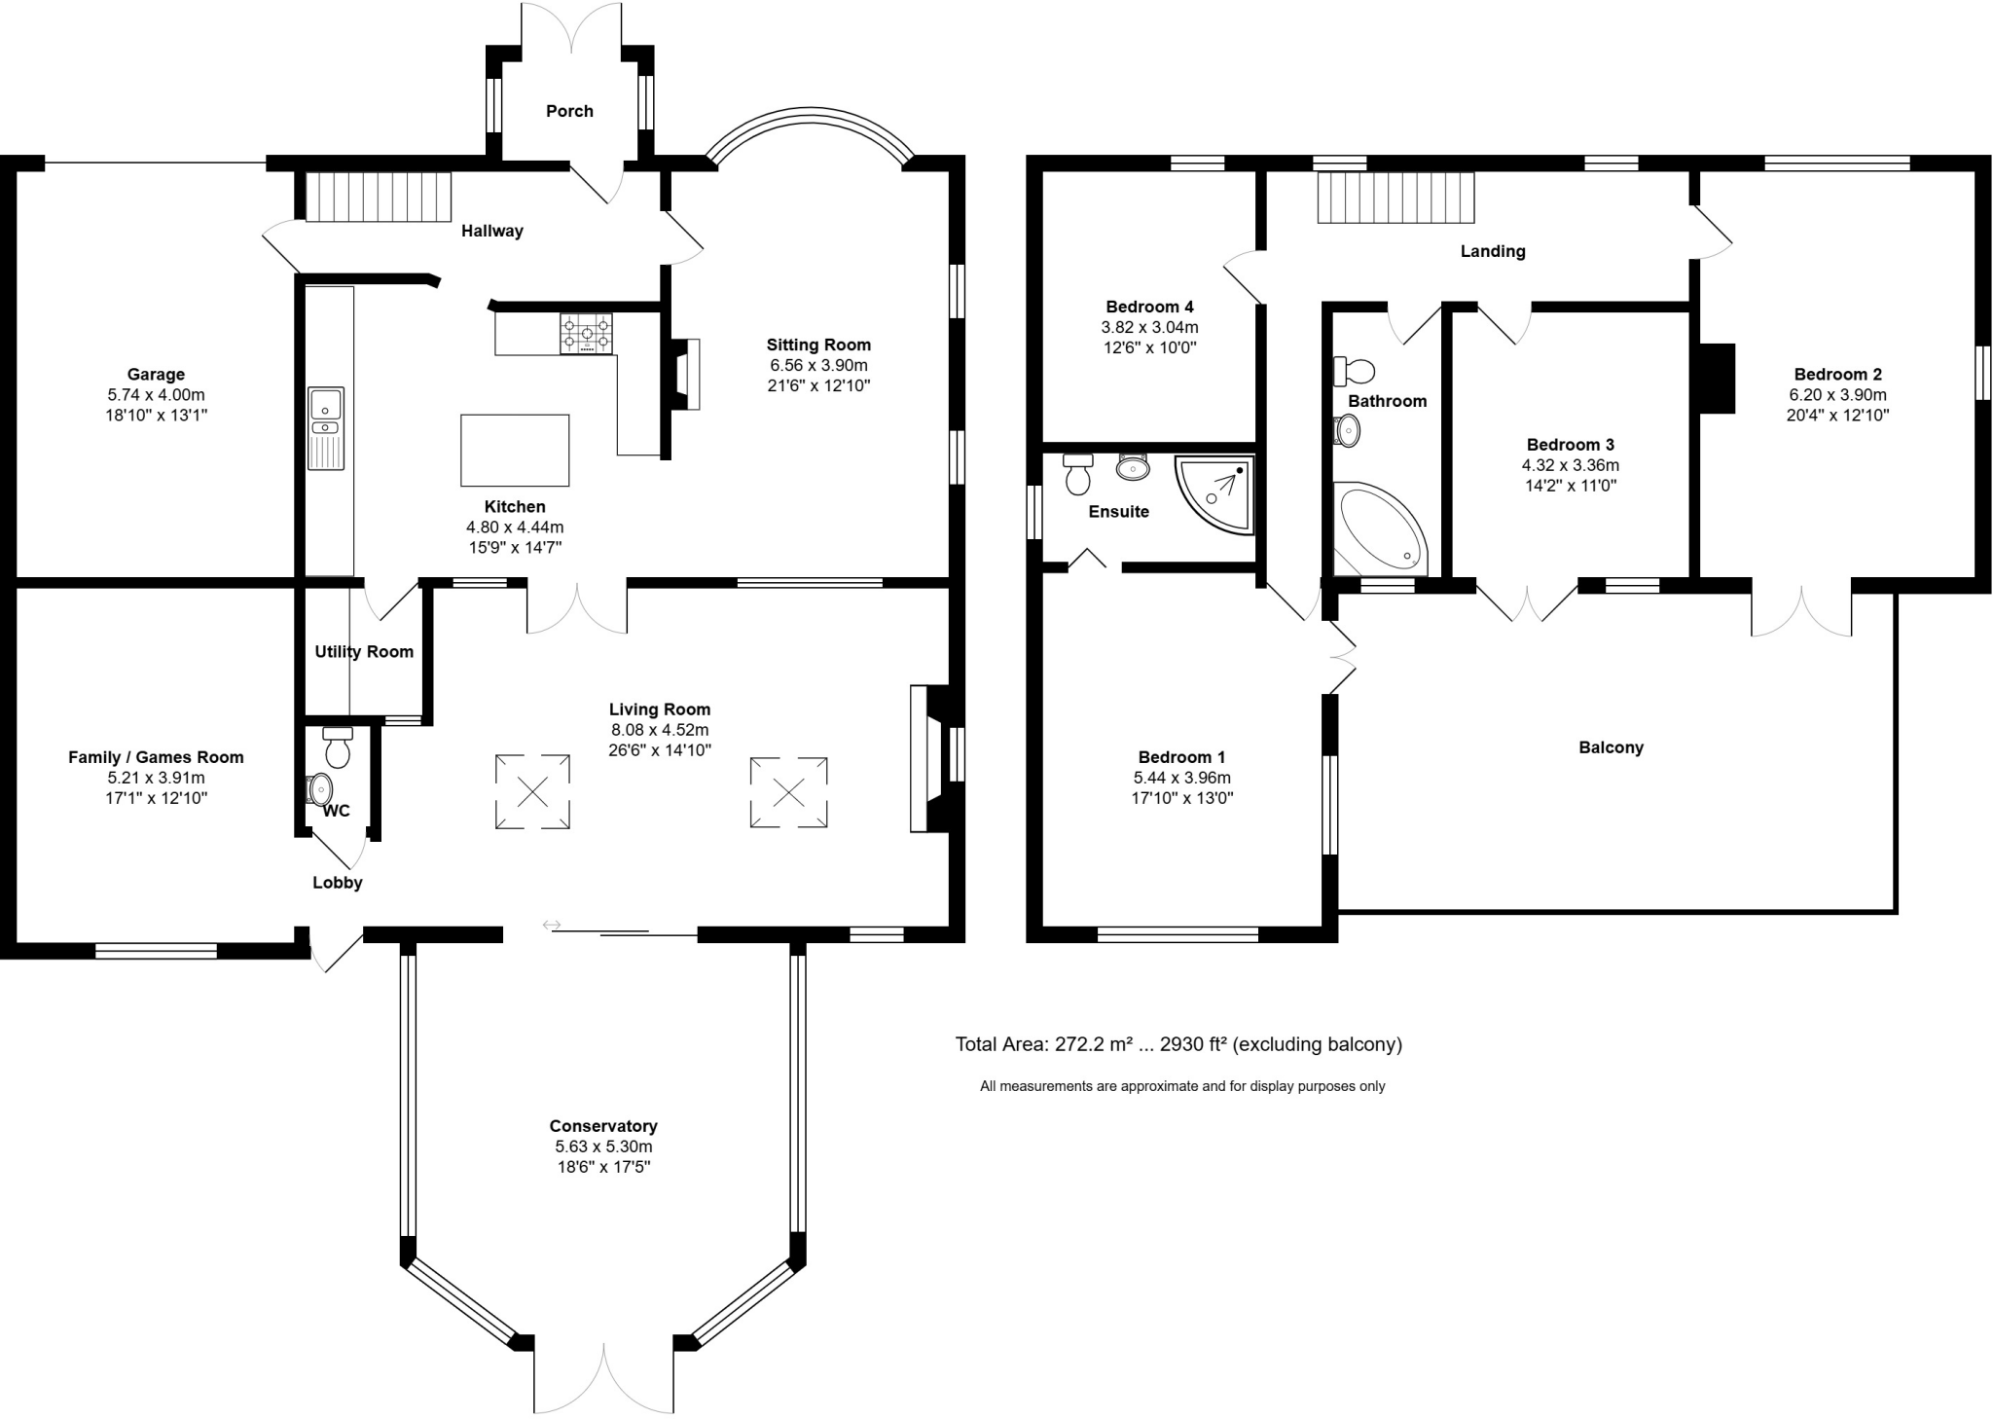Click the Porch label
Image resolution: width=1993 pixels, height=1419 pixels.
[x=569, y=111]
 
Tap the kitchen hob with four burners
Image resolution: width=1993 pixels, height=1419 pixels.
[x=586, y=334]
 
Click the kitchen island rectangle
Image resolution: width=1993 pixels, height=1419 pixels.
[x=515, y=450]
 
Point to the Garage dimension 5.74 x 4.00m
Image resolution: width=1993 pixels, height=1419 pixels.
[x=156, y=395]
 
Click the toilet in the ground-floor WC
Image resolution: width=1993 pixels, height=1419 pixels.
[x=338, y=746]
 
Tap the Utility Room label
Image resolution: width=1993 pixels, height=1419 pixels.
[x=364, y=652]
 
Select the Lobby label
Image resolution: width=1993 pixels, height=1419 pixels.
[x=338, y=883]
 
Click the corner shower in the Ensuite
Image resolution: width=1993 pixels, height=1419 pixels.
[x=1214, y=494]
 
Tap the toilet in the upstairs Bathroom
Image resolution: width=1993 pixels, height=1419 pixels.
[x=1355, y=371]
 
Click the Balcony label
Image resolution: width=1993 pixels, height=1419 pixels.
[x=1611, y=747]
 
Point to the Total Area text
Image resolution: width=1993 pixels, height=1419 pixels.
[x=1178, y=1044]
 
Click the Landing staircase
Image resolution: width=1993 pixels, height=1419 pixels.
[x=1396, y=198]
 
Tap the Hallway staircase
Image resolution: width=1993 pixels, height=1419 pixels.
[x=379, y=198]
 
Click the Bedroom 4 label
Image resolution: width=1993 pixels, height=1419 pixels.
[x=1149, y=307]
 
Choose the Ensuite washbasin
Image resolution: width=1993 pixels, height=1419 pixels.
[x=1133, y=466]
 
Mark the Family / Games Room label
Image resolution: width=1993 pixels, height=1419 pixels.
[x=156, y=757]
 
